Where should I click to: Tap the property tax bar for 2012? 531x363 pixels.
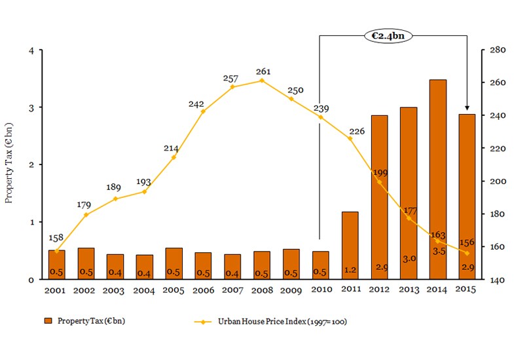coord(379,197)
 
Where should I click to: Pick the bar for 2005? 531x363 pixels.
coord(174,259)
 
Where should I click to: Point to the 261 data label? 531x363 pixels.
coord(262,71)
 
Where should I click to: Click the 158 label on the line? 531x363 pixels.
coord(57,237)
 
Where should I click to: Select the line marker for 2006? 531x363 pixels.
coord(203,111)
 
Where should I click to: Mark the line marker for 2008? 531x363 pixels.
coord(262,81)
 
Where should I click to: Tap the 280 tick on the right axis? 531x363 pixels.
coord(491,50)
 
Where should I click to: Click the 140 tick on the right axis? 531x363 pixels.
coord(491,280)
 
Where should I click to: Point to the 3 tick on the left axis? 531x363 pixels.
coord(31,107)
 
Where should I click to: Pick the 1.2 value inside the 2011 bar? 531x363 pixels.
coord(350,269)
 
